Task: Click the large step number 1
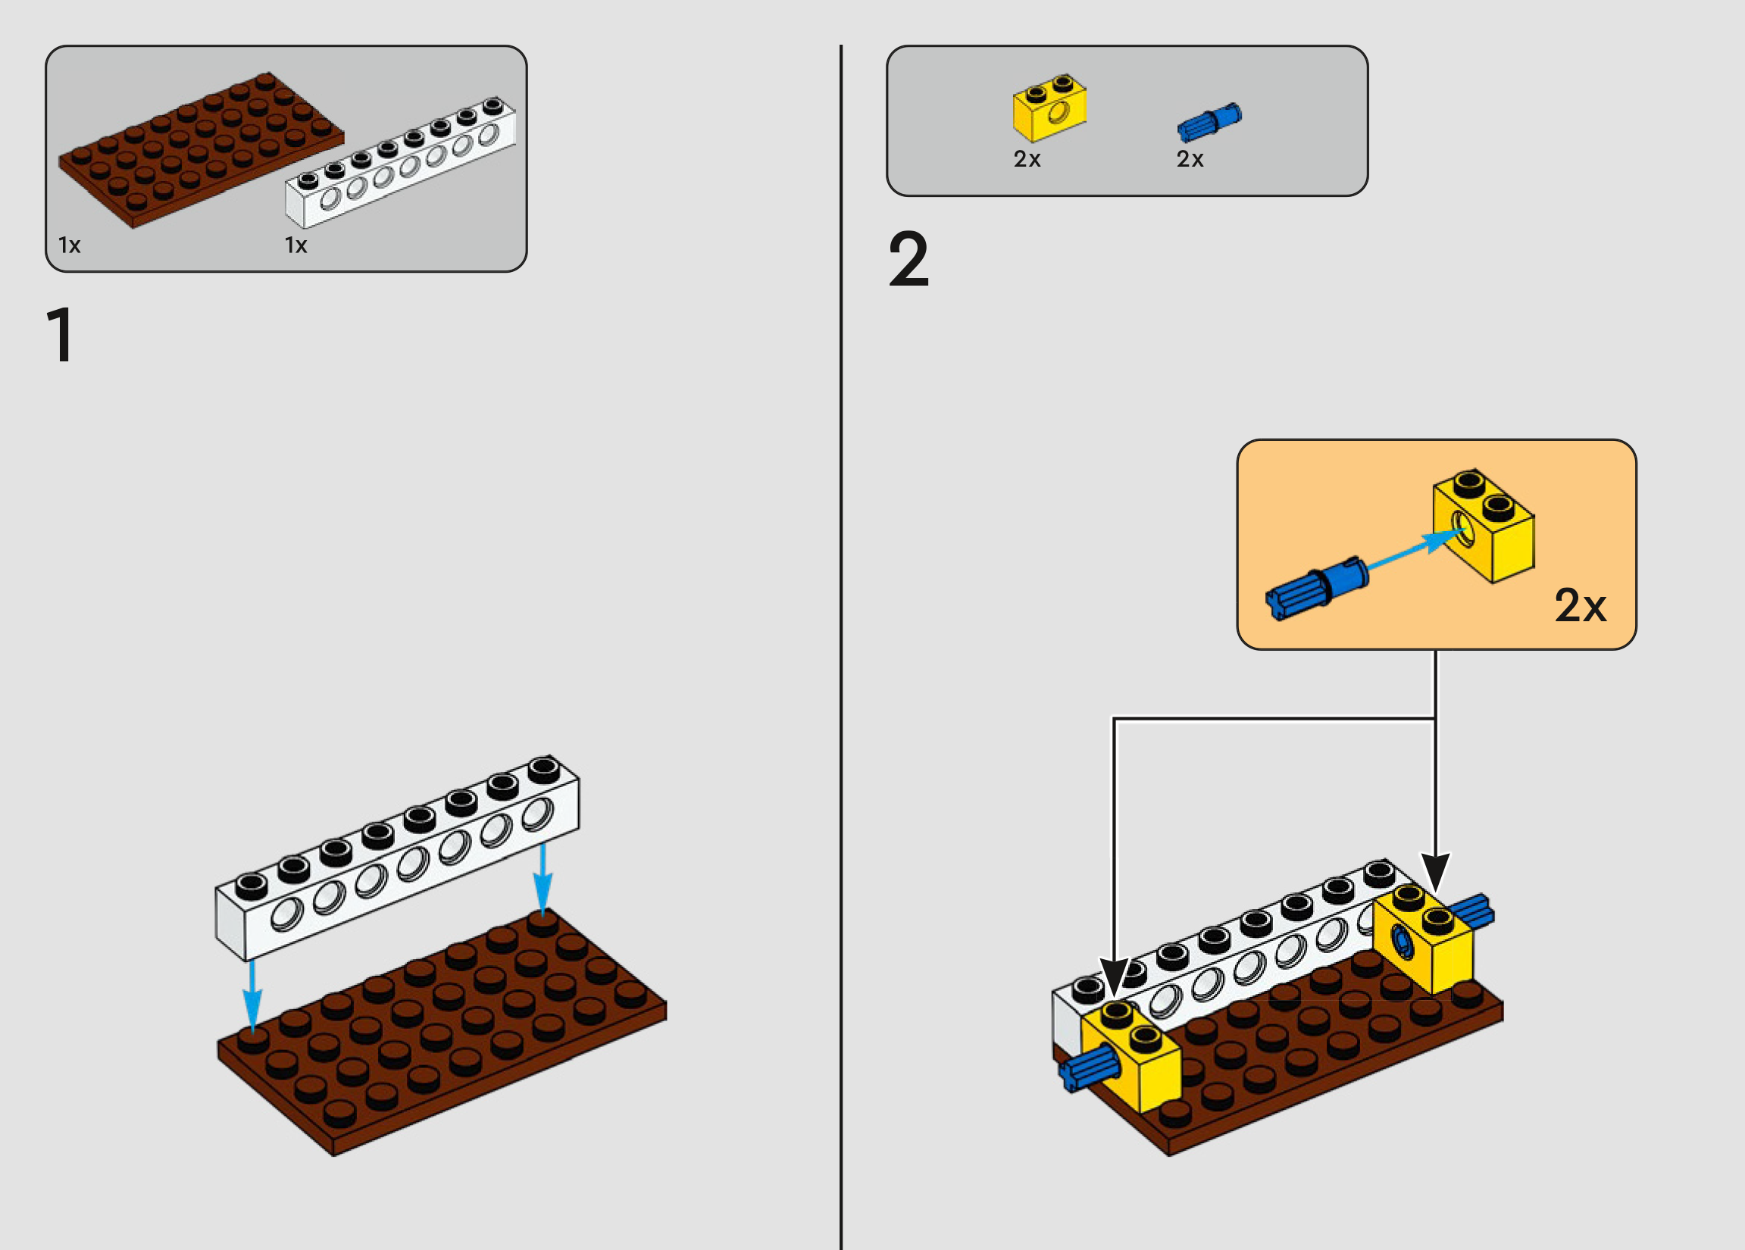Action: click(61, 335)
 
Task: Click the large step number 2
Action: click(908, 260)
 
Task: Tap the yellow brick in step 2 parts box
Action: click(1049, 108)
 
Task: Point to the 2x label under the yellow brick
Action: click(1027, 159)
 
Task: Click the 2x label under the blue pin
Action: click(1190, 159)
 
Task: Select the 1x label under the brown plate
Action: click(69, 245)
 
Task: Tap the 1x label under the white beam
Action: click(296, 245)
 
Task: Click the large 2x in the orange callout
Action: click(1581, 606)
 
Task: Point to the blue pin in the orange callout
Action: click(1316, 589)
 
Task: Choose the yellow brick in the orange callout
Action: click(1484, 527)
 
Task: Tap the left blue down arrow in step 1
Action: click(252, 1000)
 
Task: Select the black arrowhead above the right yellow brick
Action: click(1435, 872)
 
